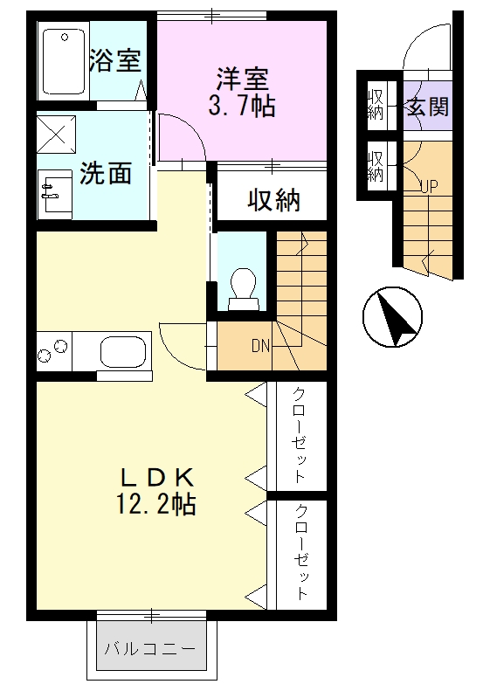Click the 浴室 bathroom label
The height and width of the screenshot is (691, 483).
[x=115, y=60]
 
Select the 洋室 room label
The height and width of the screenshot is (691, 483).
[x=242, y=78]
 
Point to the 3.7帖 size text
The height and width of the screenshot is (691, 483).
[x=242, y=107]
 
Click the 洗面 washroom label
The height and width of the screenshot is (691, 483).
[x=106, y=173]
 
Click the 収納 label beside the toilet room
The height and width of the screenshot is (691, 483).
[x=273, y=199]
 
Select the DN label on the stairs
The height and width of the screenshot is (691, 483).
[x=260, y=345]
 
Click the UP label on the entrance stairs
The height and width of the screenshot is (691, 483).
[x=428, y=184]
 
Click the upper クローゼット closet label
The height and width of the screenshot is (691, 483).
[x=299, y=434]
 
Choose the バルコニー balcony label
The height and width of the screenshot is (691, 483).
[x=151, y=648]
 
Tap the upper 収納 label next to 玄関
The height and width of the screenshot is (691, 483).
[x=376, y=104]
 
